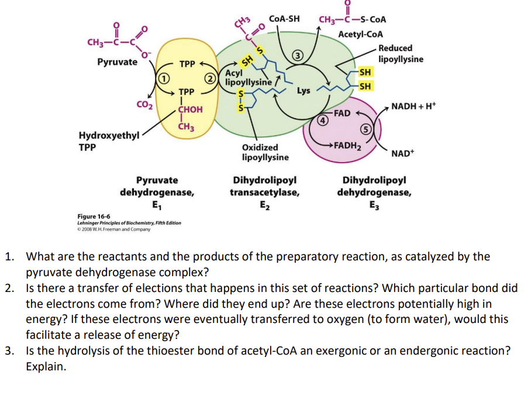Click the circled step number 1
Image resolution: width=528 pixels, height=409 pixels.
[165, 78]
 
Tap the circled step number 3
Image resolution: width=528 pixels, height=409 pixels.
[297, 56]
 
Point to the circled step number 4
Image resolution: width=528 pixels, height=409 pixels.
[321, 121]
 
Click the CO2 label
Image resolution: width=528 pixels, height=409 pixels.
[144, 105]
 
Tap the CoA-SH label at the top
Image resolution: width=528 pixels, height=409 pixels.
[285, 18]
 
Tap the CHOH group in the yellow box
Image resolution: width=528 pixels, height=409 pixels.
[190, 109]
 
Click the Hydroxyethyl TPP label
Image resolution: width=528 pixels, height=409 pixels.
[109, 141]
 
